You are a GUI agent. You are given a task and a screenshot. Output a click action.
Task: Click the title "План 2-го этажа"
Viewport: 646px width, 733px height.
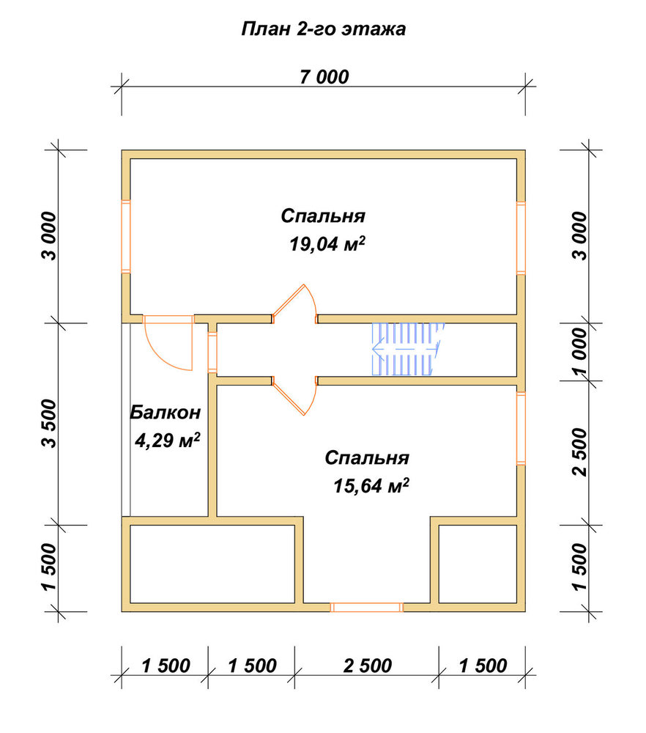tap(323, 29)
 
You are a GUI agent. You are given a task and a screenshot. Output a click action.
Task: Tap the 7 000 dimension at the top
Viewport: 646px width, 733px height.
tap(324, 77)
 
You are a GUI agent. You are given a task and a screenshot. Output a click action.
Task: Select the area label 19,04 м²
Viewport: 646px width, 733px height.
tap(327, 244)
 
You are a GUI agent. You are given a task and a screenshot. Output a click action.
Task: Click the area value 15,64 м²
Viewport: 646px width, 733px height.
tap(371, 486)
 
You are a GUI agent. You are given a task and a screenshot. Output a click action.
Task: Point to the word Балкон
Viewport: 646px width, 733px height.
tap(166, 412)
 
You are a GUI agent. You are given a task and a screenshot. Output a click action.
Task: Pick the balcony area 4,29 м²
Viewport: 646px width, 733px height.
tap(167, 440)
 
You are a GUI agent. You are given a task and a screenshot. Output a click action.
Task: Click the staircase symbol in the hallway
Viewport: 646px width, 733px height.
tap(406, 349)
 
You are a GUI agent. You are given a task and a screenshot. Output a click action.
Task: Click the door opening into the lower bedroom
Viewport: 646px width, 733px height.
tap(294, 396)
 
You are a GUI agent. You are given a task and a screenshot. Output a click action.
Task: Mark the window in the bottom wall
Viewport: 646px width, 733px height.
tap(367, 607)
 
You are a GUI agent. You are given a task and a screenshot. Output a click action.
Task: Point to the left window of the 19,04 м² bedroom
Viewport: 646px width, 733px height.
tap(126, 236)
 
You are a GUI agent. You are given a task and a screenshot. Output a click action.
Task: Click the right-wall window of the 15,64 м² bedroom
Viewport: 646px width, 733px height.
tap(521, 429)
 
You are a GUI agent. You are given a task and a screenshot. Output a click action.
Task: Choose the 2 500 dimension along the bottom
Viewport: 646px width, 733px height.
tap(367, 666)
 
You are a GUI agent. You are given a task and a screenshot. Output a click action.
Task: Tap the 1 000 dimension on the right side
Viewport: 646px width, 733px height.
tap(579, 352)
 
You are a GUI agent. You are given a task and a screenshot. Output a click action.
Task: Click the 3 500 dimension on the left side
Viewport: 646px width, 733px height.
tap(49, 424)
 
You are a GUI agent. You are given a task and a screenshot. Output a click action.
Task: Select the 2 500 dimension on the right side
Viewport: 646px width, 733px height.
tap(579, 452)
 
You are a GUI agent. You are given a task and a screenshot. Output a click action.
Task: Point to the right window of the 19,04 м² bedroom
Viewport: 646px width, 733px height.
tap(521, 238)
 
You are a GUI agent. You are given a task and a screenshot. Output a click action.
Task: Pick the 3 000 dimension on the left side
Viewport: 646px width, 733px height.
tap(49, 236)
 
